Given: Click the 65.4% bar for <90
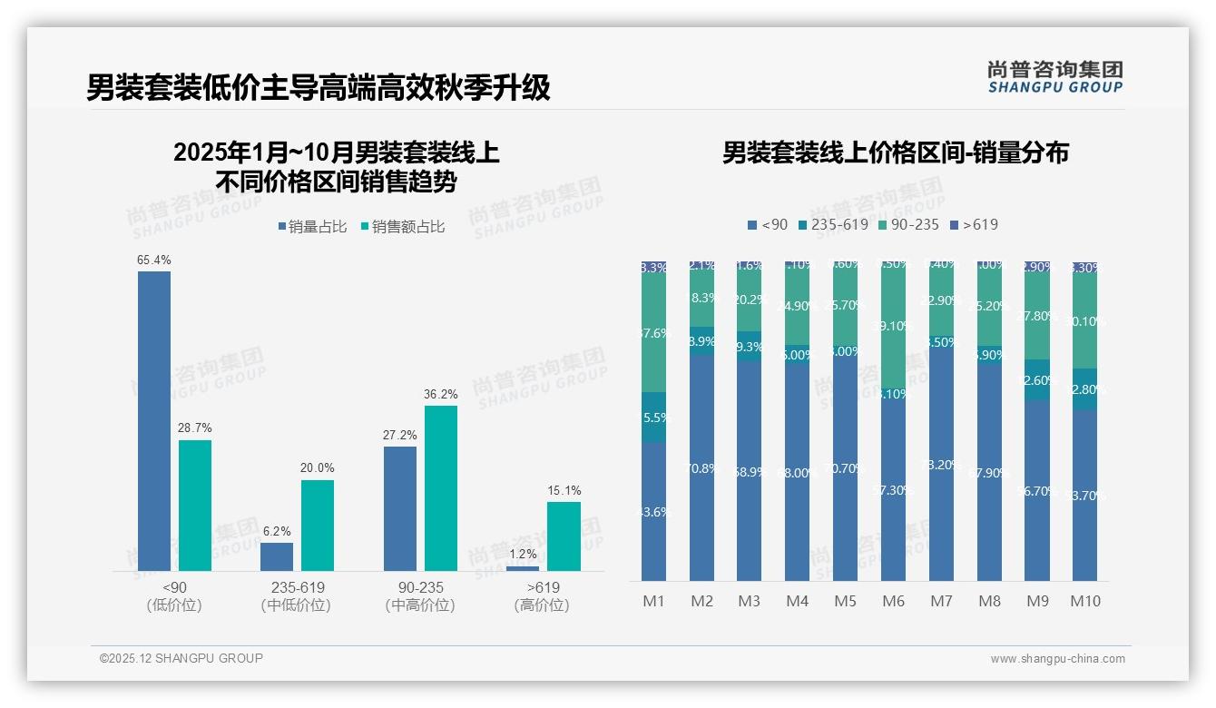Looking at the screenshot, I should tap(154, 421).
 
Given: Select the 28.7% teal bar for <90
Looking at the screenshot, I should tap(195, 506).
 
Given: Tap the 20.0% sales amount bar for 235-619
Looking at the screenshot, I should tap(318, 526).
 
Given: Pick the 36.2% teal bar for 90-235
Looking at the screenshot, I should tap(441, 488).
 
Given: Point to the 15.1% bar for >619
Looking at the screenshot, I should tap(564, 536).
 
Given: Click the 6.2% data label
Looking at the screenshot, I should tap(277, 532).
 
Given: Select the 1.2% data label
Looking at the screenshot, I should tap(523, 555).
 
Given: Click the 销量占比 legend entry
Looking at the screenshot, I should tap(312, 227).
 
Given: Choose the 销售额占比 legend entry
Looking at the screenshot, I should tap(403, 227).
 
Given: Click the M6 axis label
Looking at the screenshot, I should tap(893, 601).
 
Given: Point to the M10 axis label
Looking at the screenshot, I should tap(1084, 601).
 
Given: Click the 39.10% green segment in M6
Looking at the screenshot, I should tap(893, 326).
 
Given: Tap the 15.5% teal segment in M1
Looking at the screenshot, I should tap(653, 418).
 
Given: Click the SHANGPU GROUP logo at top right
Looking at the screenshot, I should tap(1054, 77).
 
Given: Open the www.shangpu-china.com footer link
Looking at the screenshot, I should tap(1057, 659).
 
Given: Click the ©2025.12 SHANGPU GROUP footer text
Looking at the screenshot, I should tap(181, 658).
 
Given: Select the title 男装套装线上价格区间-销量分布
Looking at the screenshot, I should tap(895, 152).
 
